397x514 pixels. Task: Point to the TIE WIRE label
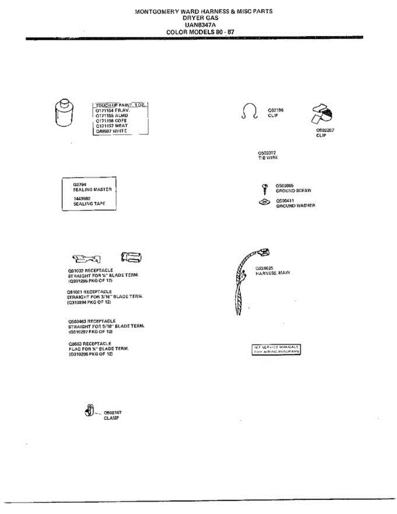(x=268, y=158)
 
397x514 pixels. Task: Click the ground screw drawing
(x=265, y=188)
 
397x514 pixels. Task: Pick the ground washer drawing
(x=265, y=201)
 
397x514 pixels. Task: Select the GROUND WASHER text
(x=296, y=206)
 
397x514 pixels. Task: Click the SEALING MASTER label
(x=92, y=189)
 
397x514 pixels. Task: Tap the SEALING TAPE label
(x=90, y=203)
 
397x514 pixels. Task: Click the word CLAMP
(x=111, y=418)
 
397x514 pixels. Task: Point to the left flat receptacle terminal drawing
(x=87, y=258)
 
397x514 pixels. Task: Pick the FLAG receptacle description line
(x=99, y=349)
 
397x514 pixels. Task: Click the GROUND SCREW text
(x=293, y=190)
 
